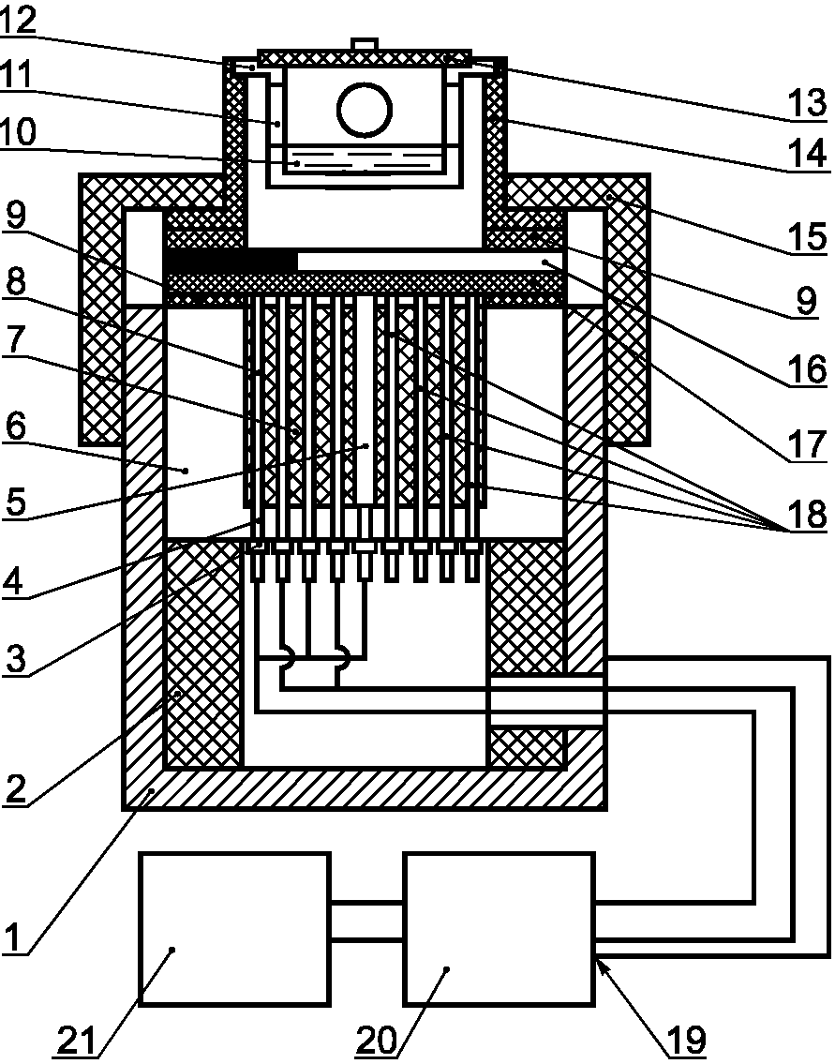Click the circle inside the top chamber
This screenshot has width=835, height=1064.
[x=365, y=110]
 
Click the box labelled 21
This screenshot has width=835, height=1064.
[x=234, y=928]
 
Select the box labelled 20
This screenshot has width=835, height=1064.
[x=500, y=928]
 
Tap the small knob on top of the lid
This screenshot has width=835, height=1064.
[x=365, y=44]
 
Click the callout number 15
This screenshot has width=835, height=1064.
[x=807, y=235]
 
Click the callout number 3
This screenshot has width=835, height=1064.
[x=15, y=657]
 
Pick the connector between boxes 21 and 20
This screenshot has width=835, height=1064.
[x=367, y=922]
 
